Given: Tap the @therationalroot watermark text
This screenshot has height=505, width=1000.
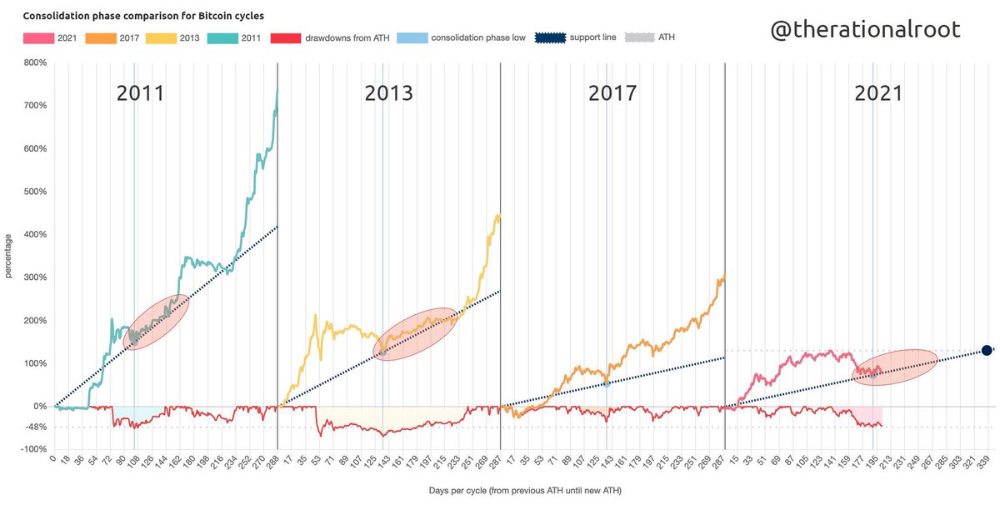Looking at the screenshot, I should [864, 29].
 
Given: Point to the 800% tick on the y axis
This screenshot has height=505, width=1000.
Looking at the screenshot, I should [34, 62].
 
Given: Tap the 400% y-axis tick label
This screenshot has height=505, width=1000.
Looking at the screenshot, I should [34, 234].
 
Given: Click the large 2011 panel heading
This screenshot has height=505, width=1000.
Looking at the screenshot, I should [140, 93].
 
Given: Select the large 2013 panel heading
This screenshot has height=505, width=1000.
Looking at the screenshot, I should [388, 93].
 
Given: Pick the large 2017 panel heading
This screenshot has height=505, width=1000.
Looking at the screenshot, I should [612, 93].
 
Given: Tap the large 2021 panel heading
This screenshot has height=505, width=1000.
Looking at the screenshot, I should [878, 93].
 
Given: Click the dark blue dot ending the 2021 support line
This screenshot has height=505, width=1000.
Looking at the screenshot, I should [986, 351].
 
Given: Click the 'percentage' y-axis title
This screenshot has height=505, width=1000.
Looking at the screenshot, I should [9, 255].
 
